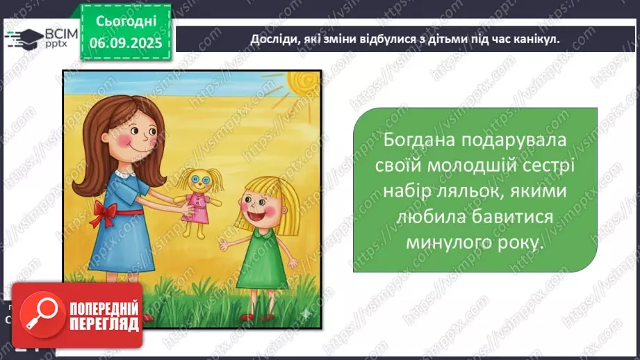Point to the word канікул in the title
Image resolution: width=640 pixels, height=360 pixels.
534,40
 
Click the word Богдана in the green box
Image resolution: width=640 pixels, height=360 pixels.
420,139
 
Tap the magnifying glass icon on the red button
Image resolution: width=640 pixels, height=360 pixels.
39,315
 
